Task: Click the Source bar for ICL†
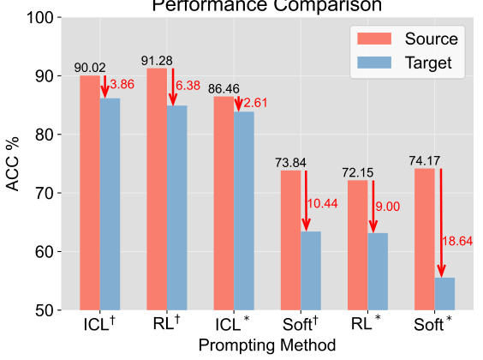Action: [90, 193]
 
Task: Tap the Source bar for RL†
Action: [157, 189]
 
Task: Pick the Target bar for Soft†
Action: [311, 271]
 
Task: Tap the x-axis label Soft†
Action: [301, 327]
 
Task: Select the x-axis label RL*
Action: [367, 327]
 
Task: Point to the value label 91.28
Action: [157, 60]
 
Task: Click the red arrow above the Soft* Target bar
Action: [441, 223]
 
